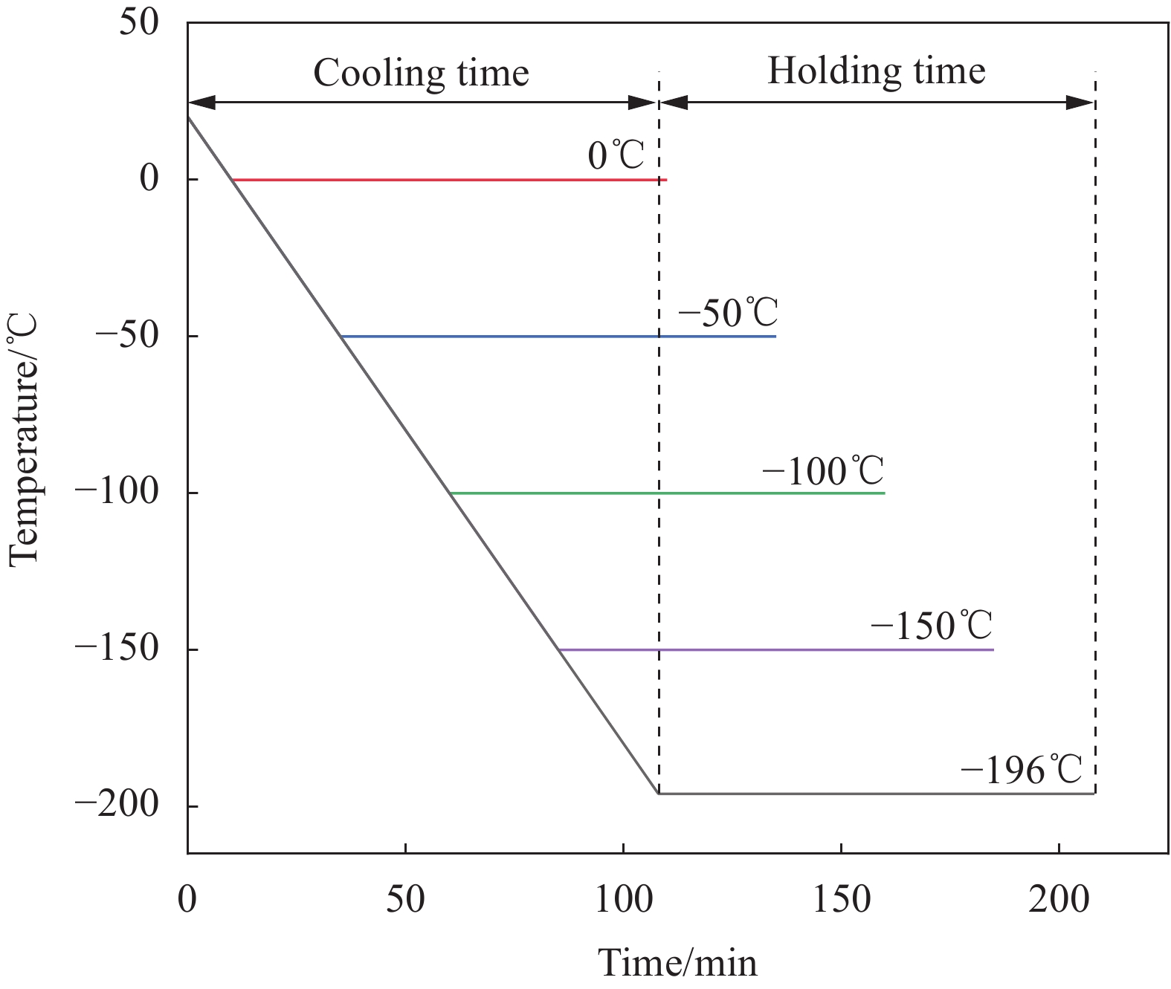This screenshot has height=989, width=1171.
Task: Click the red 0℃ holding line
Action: (446, 180)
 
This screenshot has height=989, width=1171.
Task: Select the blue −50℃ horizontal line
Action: (558, 337)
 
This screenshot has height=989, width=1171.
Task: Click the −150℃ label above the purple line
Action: (931, 626)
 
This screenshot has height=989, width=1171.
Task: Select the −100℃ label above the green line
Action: (822, 471)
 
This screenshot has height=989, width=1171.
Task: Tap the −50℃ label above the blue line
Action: (727, 313)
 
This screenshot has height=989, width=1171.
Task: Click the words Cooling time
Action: (421, 73)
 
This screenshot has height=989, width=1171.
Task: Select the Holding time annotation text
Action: (876, 71)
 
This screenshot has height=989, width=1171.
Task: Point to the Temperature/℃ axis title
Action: (23, 440)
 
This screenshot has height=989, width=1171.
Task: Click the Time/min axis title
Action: (677, 963)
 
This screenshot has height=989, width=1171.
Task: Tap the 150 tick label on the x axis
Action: (841, 900)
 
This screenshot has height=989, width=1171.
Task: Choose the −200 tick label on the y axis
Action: (117, 805)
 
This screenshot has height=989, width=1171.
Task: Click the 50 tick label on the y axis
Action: (139, 22)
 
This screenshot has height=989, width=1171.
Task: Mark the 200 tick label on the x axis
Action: (1059, 900)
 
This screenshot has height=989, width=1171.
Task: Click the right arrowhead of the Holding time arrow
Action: (1080, 103)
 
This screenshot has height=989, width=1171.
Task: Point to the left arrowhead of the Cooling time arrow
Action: (201, 103)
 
